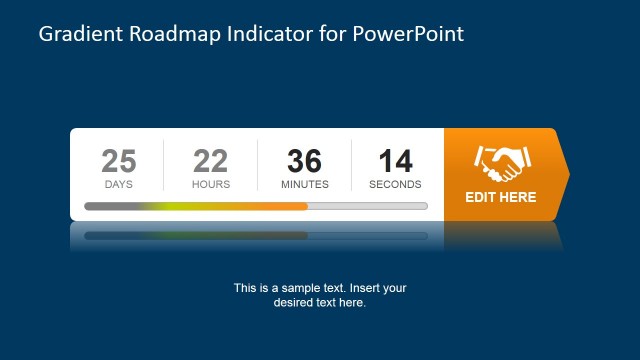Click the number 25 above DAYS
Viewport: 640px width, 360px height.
tap(119, 161)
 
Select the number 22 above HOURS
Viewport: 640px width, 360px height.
tap(211, 161)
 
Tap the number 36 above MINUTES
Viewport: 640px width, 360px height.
tap(304, 161)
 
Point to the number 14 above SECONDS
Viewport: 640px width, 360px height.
tap(395, 161)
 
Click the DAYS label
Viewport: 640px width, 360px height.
tap(119, 184)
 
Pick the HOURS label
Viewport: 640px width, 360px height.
tap(211, 184)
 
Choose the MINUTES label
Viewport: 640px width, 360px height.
tap(305, 184)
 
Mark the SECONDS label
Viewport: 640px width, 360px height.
tap(395, 184)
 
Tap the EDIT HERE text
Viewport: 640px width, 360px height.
tap(501, 197)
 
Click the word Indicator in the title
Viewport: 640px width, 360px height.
tap(263, 35)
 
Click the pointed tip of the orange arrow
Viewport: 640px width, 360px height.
tap(568, 174)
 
